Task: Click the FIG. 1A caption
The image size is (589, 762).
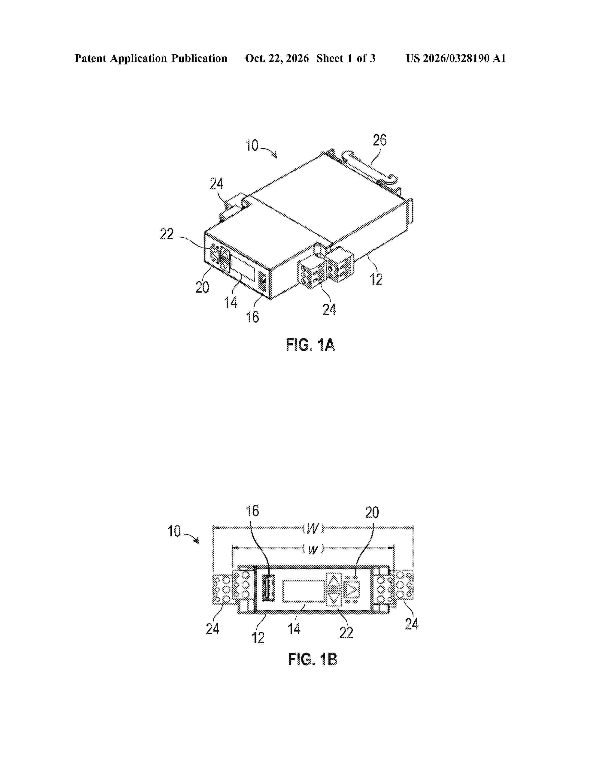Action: pyautogui.click(x=310, y=345)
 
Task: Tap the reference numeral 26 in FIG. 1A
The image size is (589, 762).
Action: pyautogui.click(x=380, y=140)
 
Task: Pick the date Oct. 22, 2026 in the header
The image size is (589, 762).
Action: pyautogui.click(x=277, y=58)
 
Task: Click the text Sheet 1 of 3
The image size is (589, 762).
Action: pyautogui.click(x=346, y=58)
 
